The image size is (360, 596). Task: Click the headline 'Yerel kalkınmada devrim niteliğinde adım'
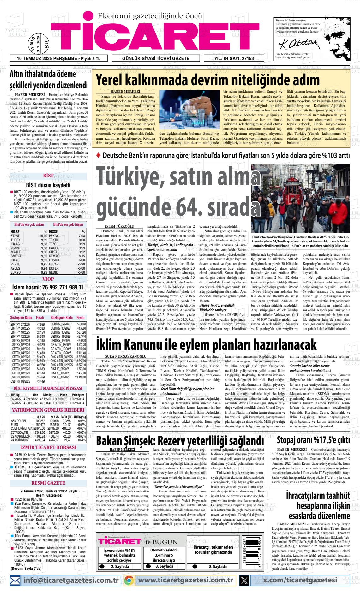207,80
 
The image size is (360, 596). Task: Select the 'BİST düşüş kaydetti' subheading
48,185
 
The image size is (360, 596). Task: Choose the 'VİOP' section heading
48,279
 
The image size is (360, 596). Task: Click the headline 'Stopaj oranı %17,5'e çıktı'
313,440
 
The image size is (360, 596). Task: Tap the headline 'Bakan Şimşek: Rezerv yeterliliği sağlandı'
180,440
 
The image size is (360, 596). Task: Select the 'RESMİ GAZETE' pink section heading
48,483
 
